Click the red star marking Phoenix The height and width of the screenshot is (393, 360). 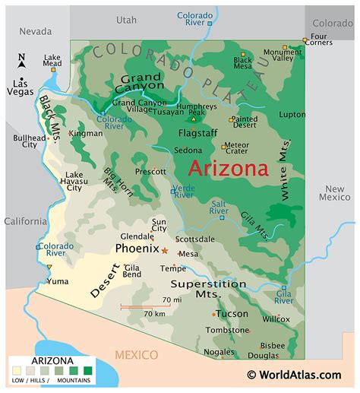(x=164, y=249)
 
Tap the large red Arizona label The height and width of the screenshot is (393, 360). (x=228, y=168)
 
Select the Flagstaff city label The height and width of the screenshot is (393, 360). (x=197, y=132)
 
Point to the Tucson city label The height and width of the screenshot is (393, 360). (x=232, y=313)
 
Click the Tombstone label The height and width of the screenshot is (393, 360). (x=226, y=330)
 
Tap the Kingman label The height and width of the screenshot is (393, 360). (x=86, y=133)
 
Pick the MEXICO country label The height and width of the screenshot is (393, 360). (x=136, y=355)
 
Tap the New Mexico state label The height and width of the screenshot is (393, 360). (x=335, y=193)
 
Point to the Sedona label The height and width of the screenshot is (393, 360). (x=187, y=151)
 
